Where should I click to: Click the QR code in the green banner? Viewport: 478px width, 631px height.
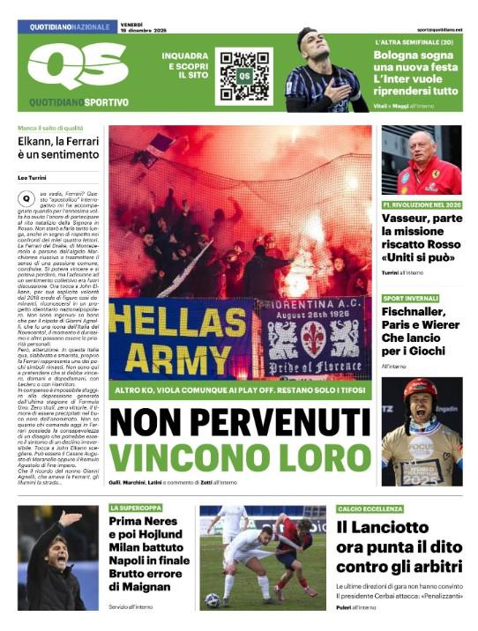243,74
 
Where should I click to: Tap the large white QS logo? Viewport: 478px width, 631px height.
77,66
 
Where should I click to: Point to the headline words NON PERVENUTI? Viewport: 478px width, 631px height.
240,424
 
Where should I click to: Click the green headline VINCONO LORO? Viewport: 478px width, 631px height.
240,457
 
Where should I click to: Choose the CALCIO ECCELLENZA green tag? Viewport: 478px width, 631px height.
370,509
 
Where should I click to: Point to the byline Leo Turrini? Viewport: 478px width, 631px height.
34,178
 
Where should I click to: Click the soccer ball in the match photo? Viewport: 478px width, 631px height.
212,599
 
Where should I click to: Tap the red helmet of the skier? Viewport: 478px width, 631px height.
421,388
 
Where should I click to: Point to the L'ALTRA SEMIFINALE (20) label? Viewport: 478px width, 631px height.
415,42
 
